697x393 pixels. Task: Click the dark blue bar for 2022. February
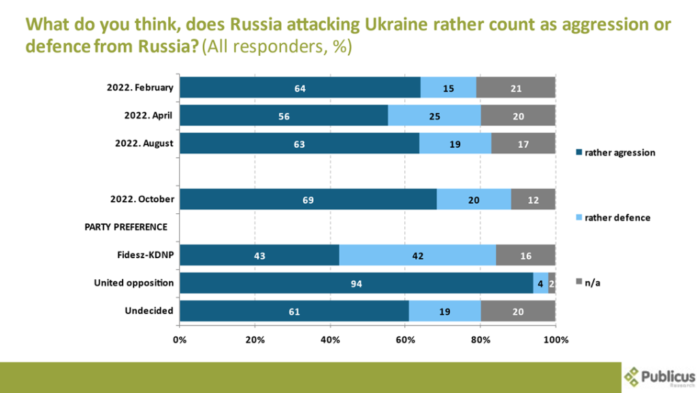coord(300,88)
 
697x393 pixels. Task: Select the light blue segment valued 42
coord(417,255)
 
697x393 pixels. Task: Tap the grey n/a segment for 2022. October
coord(533,199)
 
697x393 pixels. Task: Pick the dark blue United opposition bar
coord(357,283)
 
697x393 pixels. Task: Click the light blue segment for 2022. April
coord(434,116)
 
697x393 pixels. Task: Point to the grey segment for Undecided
coord(518,311)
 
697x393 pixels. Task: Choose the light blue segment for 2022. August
coord(455,144)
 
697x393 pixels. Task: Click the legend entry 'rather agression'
coord(615,153)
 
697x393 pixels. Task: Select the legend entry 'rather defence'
coord(612,217)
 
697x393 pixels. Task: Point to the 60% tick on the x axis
coord(406,339)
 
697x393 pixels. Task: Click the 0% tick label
coord(180,339)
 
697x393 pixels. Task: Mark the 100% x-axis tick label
coord(555,339)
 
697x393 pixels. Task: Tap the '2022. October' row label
coord(141,199)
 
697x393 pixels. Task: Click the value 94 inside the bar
coord(357,283)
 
